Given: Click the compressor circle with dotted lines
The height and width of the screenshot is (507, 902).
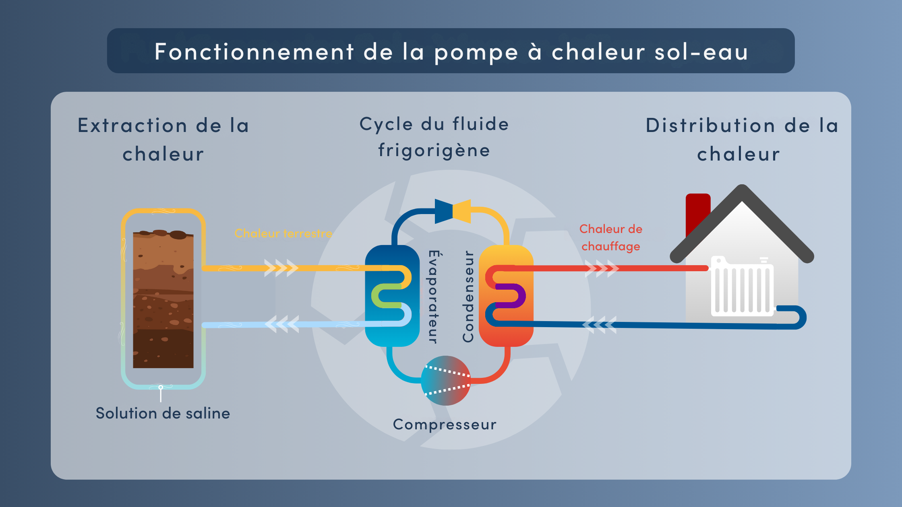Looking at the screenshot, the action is click(x=445, y=380).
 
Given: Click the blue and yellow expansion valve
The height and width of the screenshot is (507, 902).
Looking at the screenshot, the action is click(x=453, y=211).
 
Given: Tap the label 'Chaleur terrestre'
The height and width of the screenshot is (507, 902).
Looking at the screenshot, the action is click(x=283, y=233).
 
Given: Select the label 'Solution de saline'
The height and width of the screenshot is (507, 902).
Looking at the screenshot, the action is click(x=163, y=413).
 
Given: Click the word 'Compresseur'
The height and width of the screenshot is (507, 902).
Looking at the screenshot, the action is click(x=445, y=425).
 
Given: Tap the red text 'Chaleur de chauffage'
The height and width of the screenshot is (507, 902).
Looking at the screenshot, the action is click(x=611, y=237).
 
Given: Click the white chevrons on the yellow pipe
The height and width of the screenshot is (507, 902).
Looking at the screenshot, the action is click(x=281, y=268).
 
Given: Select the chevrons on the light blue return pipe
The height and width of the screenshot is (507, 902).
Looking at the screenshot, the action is click(x=282, y=324).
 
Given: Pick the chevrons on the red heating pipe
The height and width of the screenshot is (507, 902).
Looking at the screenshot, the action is click(x=602, y=268).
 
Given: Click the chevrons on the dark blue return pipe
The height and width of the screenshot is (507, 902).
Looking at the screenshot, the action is click(x=600, y=325).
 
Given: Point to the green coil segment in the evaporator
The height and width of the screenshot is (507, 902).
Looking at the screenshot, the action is click(x=386, y=296).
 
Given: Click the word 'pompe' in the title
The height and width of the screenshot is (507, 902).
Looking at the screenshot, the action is click(x=476, y=53).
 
